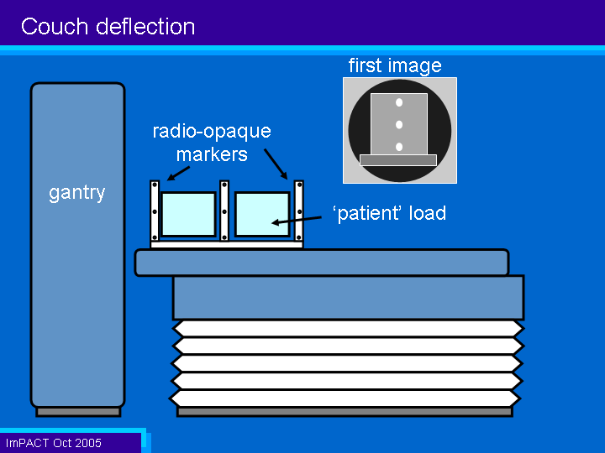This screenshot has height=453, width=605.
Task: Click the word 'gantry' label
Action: [76, 193]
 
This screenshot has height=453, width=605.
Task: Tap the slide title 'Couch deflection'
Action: [108, 27]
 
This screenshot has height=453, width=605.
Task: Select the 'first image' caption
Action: [395, 66]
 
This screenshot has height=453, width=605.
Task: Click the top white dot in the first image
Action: [399, 102]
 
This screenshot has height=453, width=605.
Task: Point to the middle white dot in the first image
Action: [399, 124]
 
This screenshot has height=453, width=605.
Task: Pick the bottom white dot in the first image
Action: [399, 147]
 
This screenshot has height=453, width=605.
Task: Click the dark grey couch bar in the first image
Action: [398, 160]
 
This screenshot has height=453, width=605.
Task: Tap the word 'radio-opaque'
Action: [212, 132]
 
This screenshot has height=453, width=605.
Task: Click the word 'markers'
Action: [212, 155]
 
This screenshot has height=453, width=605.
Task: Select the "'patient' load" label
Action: [389, 213]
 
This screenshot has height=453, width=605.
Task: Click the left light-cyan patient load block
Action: [188, 214]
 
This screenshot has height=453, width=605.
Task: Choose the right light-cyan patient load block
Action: [262, 214]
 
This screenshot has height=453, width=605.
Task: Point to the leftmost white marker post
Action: [155, 211]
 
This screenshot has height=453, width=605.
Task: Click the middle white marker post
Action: [224, 211]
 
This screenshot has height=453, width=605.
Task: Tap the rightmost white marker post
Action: [299, 211]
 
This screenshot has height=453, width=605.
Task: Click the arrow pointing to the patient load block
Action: [297, 221]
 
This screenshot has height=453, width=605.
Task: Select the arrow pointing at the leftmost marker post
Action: [178, 174]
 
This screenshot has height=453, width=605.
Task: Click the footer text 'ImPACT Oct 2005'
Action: [54, 443]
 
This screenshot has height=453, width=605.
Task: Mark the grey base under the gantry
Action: [78, 412]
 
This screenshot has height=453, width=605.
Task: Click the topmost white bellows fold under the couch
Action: [347, 329]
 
